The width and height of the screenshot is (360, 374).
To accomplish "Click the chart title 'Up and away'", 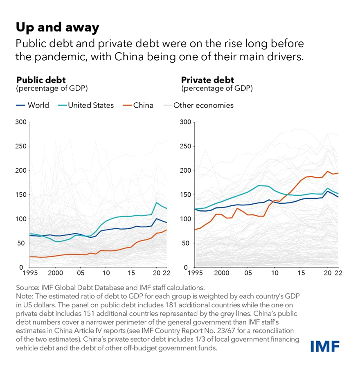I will (57, 27).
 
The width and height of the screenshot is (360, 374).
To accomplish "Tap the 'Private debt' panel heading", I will (208, 80).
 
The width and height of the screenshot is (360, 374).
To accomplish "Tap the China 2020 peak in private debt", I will (328, 171).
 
